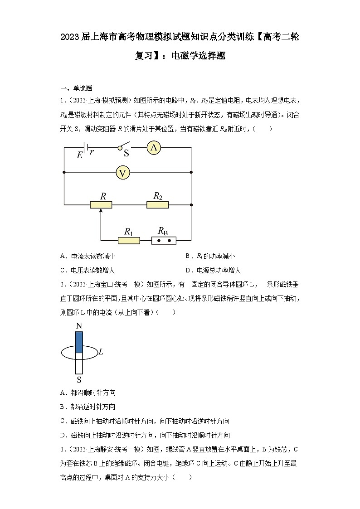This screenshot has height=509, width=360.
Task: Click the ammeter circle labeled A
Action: coord(154,147)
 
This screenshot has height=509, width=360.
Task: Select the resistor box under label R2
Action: coord(157,205)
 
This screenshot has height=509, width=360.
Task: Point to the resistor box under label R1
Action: coord(129,241)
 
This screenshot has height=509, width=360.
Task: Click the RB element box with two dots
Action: coord(164,241)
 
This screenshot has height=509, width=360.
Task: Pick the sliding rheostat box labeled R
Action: coord(101,205)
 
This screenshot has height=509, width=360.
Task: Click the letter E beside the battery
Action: coord(79,155)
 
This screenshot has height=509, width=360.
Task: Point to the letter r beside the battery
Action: coord(92,152)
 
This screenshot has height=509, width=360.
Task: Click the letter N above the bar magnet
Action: coord(79,326)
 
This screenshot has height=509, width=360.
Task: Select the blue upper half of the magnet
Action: coord(79,342)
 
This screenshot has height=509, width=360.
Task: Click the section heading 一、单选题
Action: coord(76,88)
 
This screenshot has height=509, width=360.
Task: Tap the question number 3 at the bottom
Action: coord(62,449)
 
